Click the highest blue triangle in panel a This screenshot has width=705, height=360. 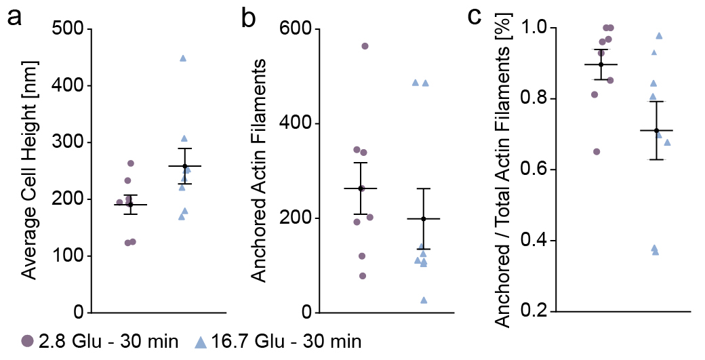click(x=183, y=58)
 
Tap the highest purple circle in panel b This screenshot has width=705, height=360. click(x=365, y=46)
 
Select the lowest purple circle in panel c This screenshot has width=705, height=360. click(x=597, y=151)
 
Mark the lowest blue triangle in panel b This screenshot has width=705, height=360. click(x=424, y=300)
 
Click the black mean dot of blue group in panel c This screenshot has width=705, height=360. click(x=657, y=130)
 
